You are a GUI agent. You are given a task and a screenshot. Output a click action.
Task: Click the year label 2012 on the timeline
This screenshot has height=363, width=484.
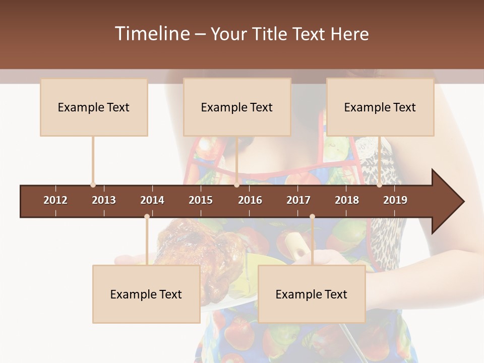[x=55, y=200]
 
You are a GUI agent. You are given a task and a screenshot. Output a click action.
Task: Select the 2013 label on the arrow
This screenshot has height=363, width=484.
[x=104, y=200]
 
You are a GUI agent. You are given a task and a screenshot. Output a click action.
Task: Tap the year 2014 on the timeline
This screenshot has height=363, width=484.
[x=152, y=200]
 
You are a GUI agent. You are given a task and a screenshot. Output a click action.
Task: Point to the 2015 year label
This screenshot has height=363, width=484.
[x=201, y=200]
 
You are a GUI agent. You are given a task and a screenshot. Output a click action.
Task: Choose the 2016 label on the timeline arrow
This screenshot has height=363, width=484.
[x=250, y=200]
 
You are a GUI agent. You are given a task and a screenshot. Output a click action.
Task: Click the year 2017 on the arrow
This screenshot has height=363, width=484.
[x=298, y=200]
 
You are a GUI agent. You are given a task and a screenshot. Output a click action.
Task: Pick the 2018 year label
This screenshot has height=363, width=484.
[x=347, y=200]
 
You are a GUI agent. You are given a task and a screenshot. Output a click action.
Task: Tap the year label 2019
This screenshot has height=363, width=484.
[x=395, y=200]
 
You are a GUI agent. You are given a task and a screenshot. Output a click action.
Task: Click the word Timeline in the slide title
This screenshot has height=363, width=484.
[x=152, y=34]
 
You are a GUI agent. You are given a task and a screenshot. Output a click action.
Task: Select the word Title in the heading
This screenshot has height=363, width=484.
[x=270, y=34]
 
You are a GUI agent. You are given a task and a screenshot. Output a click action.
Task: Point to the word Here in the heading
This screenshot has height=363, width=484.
[x=349, y=34]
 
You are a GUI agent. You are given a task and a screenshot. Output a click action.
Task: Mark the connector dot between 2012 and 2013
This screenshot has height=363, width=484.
[x=93, y=185]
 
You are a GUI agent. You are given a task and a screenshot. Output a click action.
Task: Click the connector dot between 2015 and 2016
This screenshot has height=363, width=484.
[x=237, y=185]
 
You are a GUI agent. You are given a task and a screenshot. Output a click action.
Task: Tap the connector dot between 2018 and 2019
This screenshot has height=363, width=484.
[x=380, y=185]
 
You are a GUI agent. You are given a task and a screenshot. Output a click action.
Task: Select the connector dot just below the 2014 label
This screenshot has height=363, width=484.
[x=147, y=217]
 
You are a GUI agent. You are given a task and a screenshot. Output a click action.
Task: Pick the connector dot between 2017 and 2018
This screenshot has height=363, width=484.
[x=312, y=217]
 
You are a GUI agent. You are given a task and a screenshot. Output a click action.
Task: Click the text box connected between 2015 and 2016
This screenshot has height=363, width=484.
[x=237, y=107]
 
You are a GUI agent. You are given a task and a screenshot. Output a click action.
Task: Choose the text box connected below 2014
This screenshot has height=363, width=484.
[x=146, y=294]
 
